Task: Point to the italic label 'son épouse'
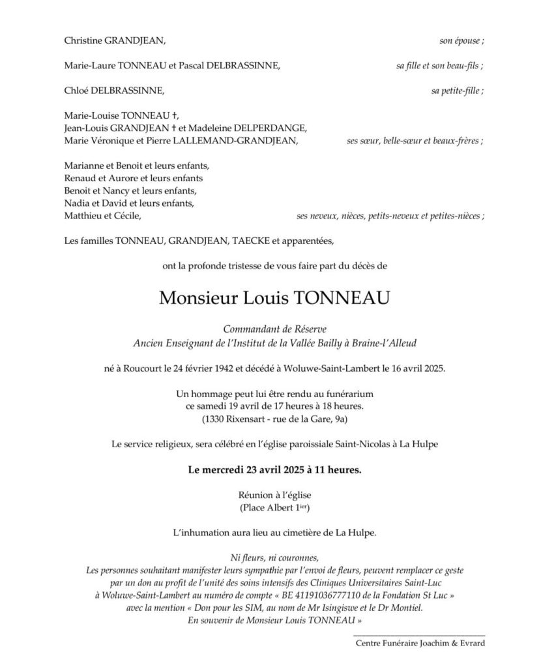click(x=460, y=40)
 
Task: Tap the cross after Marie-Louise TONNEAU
click(x=168, y=115)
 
